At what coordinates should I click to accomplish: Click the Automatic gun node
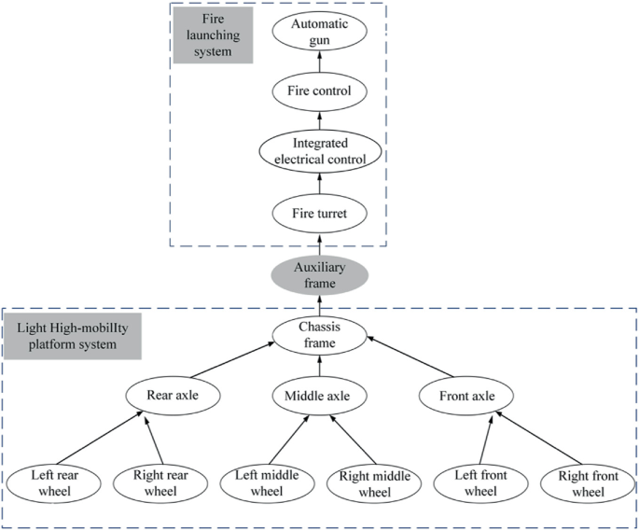coord(319,35)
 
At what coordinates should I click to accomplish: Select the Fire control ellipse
coord(319,91)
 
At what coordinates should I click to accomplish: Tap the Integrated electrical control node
coord(319,150)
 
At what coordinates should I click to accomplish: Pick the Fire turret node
coord(319,214)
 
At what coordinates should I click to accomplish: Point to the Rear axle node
coord(177,396)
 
